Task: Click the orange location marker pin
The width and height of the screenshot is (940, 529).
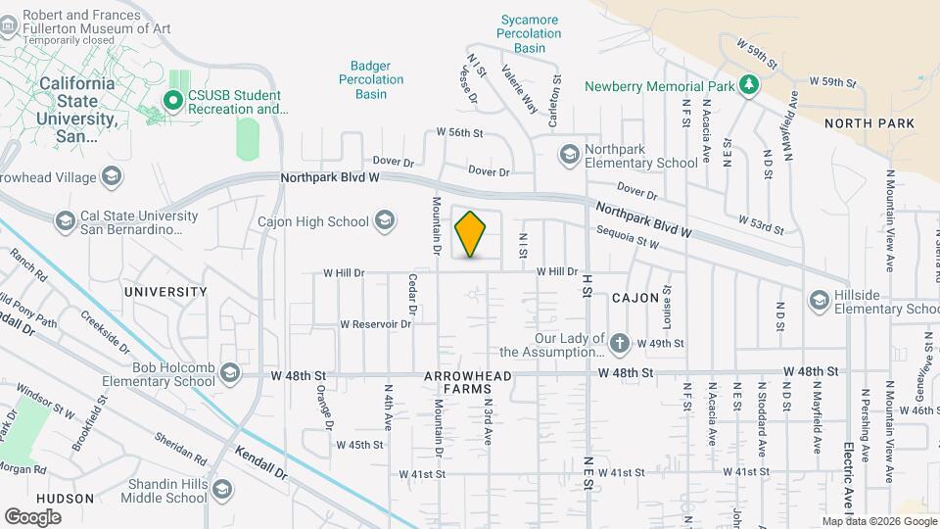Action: [x=471, y=234]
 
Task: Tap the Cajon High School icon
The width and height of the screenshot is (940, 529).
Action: [x=385, y=221]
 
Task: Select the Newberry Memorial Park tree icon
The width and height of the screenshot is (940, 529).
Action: [x=749, y=85]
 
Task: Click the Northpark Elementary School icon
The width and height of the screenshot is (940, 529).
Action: [x=569, y=155]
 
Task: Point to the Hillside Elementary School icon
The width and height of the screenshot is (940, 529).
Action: [x=821, y=301]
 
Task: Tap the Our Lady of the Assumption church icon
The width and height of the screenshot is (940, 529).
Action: [x=619, y=344]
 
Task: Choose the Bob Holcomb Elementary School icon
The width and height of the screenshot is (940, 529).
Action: [x=230, y=373]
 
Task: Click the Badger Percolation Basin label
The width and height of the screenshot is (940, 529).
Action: [x=371, y=80]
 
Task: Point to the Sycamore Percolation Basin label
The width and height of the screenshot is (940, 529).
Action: [x=529, y=33]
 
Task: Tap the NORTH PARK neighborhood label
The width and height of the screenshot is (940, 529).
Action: [x=869, y=123]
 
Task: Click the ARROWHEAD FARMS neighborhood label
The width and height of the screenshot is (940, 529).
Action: [x=457, y=382]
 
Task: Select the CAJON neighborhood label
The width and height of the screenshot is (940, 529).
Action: [x=635, y=297]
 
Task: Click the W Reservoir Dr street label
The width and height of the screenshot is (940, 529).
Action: [x=375, y=324]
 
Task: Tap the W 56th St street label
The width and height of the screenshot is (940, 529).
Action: [x=460, y=131]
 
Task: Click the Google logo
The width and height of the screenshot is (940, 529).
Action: [x=32, y=516]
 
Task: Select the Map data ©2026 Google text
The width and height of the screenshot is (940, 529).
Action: [x=879, y=521]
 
